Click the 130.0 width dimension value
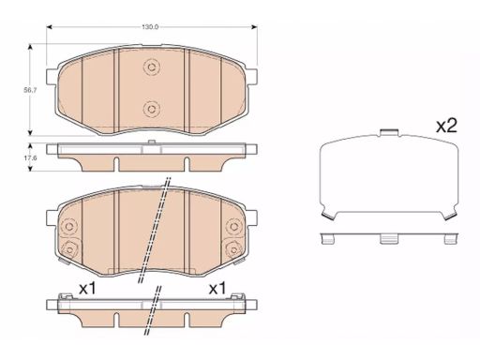point(150,27)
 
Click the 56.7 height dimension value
point(30,91)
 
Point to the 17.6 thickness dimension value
point(30,157)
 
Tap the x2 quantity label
point(446,126)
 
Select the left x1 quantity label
point(87,289)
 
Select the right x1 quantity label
point(217,289)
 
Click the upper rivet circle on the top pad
point(152,67)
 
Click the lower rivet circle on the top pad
point(152,109)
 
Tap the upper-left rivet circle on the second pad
point(69,226)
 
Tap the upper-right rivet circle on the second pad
point(233,226)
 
